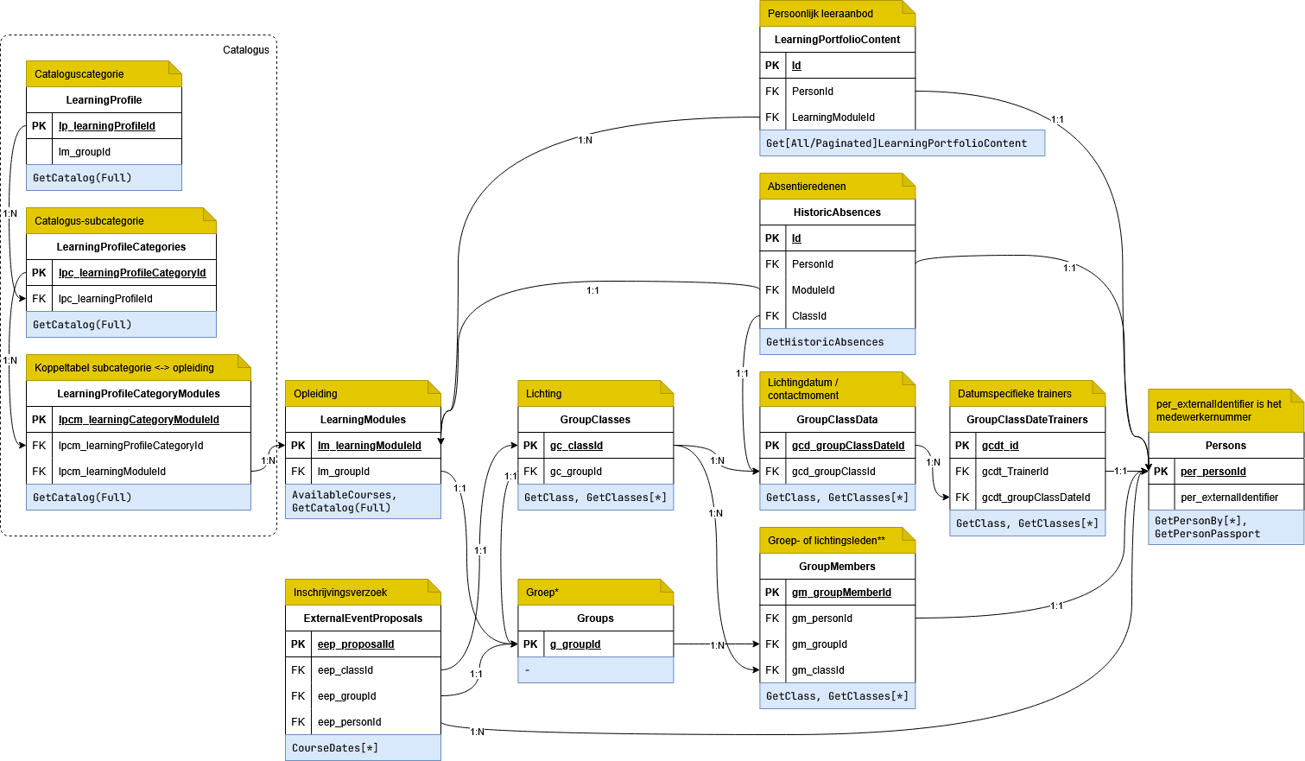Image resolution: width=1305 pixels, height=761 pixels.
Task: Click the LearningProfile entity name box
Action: click(x=104, y=100)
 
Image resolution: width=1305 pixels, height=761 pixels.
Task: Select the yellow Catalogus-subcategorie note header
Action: click(x=121, y=221)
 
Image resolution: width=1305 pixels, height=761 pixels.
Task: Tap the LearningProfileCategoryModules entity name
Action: click(x=138, y=394)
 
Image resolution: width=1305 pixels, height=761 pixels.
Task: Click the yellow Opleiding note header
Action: click(x=363, y=394)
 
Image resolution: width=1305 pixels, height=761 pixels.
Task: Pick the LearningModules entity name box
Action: click(x=363, y=420)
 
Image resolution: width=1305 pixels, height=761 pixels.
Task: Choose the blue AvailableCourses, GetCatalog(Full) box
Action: click(x=363, y=501)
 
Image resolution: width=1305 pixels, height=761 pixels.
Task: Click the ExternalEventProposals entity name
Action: click(x=363, y=618)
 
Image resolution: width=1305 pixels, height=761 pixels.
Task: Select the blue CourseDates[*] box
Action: click(x=363, y=748)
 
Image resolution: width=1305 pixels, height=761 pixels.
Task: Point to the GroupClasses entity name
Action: click(x=595, y=420)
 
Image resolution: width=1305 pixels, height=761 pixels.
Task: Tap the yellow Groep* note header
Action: click(x=595, y=593)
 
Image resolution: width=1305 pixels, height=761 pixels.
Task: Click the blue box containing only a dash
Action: click(x=595, y=670)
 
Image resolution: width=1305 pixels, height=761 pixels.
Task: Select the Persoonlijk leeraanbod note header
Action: click(x=837, y=14)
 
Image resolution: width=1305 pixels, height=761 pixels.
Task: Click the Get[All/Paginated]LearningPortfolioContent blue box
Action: click(x=902, y=143)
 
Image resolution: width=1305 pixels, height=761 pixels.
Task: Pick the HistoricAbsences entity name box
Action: click(x=837, y=212)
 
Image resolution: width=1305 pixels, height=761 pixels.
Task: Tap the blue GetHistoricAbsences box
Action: click(x=837, y=342)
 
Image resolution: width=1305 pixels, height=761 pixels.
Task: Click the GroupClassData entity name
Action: click(x=837, y=420)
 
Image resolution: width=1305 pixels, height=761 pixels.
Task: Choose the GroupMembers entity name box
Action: click(x=837, y=567)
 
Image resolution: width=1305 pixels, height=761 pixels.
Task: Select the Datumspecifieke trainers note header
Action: click(x=1027, y=394)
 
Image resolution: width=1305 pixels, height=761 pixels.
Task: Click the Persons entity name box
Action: click(x=1226, y=446)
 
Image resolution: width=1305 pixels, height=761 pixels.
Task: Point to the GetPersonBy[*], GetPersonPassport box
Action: click(x=1226, y=527)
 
